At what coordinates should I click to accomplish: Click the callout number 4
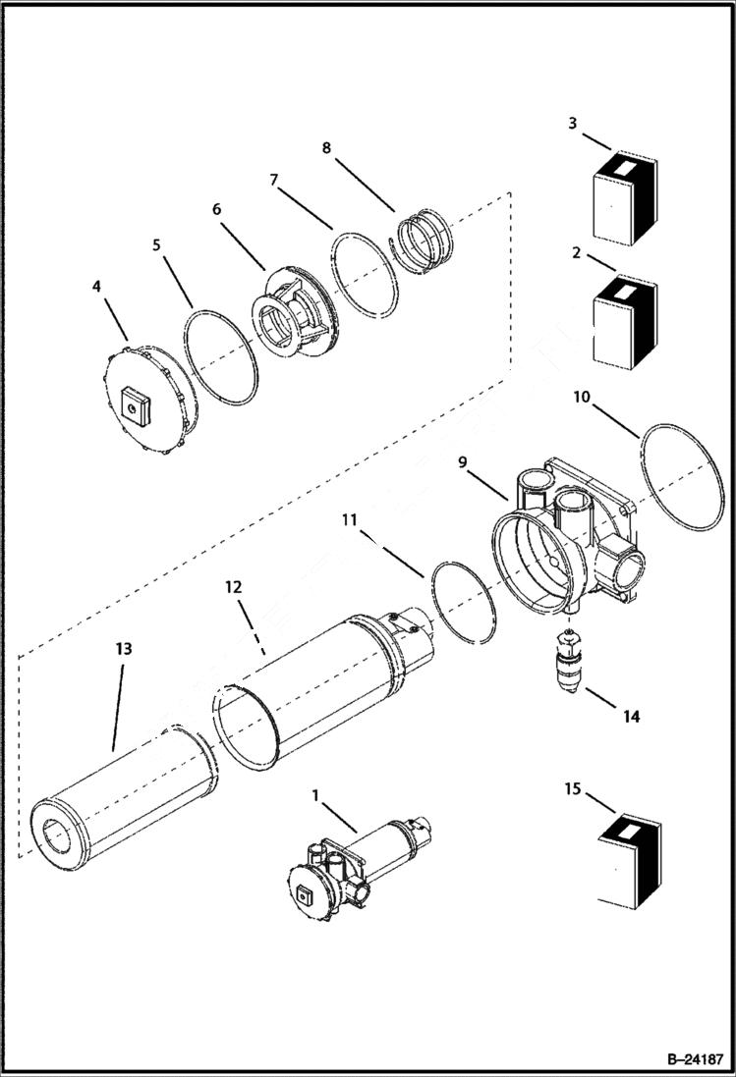click(x=95, y=287)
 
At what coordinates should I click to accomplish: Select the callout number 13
click(x=123, y=649)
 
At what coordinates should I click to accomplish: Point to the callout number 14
click(x=630, y=717)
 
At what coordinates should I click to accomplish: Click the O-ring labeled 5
click(x=222, y=356)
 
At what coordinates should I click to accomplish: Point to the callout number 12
click(x=233, y=586)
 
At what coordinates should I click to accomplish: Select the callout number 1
click(x=315, y=794)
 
